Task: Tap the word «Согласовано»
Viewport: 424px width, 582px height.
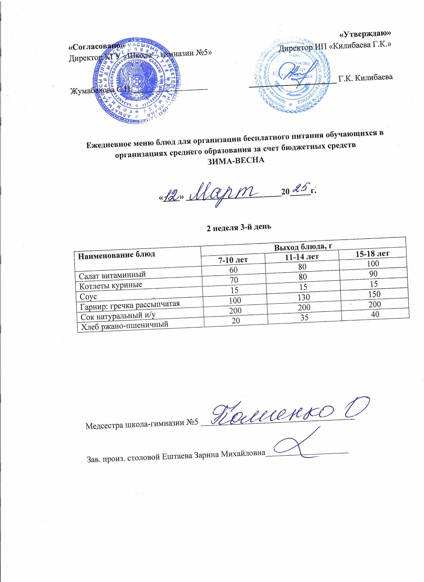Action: click(x=97, y=47)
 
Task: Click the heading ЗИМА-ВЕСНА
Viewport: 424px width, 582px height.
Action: click(x=236, y=160)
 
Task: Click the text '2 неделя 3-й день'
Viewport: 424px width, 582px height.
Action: click(x=239, y=227)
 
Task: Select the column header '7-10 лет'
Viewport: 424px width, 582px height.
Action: click(x=233, y=260)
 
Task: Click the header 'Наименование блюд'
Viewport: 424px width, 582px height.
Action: click(x=116, y=255)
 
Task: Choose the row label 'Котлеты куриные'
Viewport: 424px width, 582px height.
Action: click(x=110, y=285)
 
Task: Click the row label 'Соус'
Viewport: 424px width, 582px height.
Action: click(x=88, y=296)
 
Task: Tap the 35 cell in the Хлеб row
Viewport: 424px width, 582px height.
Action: click(x=304, y=317)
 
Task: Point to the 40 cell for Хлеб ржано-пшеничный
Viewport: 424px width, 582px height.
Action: click(x=375, y=314)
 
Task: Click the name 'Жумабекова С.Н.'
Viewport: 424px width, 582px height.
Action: click(x=101, y=90)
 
